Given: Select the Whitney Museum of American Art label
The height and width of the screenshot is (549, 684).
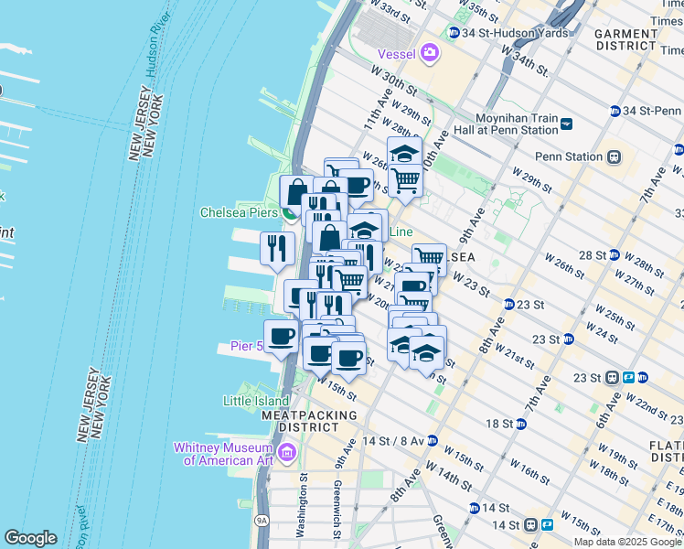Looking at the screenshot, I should click(x=225, y=454).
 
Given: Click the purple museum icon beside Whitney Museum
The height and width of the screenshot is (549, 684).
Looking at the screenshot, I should click(x=287, y=452).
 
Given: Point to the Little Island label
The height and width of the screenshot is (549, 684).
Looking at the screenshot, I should click(x=255, y=401).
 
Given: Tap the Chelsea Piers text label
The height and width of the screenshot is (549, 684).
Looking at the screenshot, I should click(x=238, y=212).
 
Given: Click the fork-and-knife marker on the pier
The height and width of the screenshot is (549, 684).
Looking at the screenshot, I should click(x=275, y=248).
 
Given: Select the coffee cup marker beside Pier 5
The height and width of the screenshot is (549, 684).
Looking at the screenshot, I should click(x=281, y=335).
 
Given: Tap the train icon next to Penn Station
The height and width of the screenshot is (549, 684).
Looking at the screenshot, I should click(x=615, y=156).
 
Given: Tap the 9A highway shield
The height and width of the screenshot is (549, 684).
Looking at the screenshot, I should click(x=262, y=520).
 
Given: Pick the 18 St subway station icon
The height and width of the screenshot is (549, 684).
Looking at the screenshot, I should click(x=521, y=424).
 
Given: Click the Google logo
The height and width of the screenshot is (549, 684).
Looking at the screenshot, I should click(x=31, y=538).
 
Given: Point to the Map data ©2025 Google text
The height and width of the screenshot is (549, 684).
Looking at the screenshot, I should click(x=626, y=542).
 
